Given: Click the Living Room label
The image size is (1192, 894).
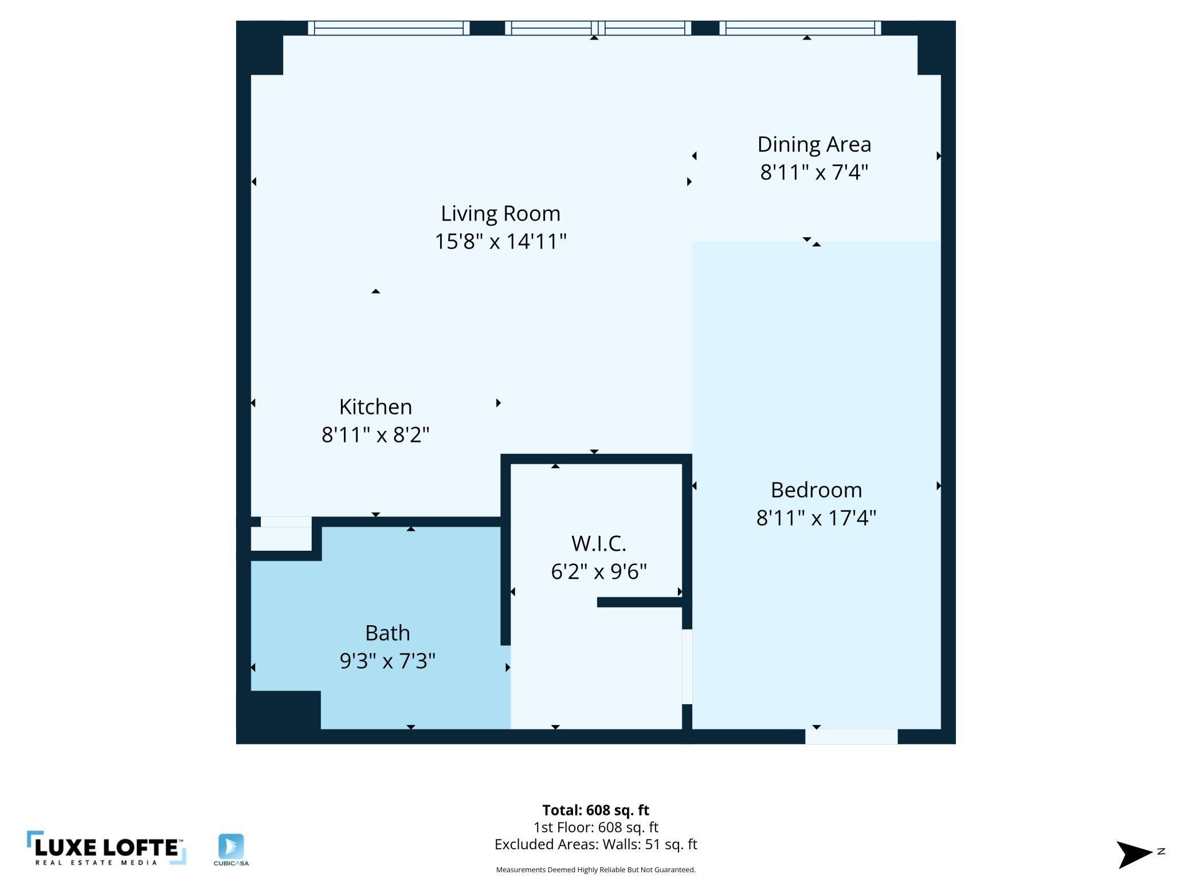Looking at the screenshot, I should click(x=500, y=213).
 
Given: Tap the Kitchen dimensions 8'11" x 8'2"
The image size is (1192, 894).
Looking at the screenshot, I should click(x=375, y=435).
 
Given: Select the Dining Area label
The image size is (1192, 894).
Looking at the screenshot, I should click(x=814, y=144).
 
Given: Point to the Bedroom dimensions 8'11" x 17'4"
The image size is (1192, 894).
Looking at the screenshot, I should click(x=816, y=518).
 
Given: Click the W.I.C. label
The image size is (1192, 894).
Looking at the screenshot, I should click(x=598, y=543).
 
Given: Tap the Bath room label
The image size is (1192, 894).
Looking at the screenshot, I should click(x=387, y=633).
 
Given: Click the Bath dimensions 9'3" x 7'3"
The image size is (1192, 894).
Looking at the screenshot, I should click(x=387, y=661).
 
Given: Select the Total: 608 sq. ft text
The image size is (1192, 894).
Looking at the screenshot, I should click(x=595, y=810).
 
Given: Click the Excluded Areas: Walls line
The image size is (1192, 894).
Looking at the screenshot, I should click(x=595, y=844).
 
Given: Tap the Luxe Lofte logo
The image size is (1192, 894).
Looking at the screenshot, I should click(x=106, y=848).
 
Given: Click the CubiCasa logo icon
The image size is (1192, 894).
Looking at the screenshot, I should click(x=231, y=847).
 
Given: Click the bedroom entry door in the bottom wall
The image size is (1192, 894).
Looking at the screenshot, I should click(x=851, y=736).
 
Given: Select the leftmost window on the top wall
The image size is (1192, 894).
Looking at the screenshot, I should click(x=389, y=28).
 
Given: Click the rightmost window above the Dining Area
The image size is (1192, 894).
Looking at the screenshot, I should click(x=800, y=28).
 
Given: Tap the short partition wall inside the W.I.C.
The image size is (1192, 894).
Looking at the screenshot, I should click(x=640, y=602).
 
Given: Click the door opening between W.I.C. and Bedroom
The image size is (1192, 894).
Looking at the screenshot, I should click(x=687, y=666).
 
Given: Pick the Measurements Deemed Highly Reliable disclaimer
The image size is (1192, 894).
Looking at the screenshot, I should click(x=595, y=869).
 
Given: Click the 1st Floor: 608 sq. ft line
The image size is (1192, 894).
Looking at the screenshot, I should click(x=595, y=827).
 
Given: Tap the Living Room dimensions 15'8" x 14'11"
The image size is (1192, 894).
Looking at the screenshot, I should click(x=500, y=241).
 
